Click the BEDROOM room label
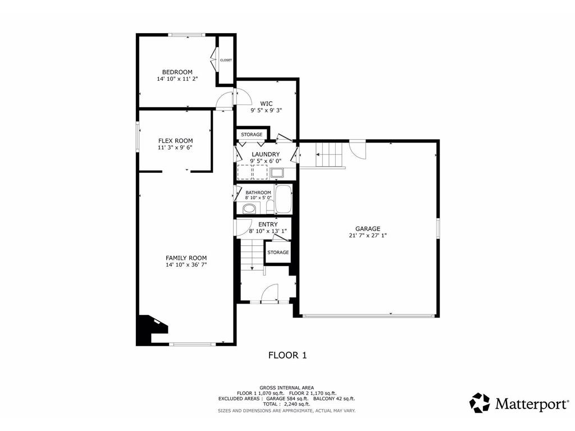pyautogui.click(x=177, y=72)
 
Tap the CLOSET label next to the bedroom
pyautogui.click(x=226, y=60)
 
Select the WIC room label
pyautogui.click(x=266, y=104)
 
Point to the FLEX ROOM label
pyautogui.click(x=175, y=141)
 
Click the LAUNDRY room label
pyautogui.click(x=266, y=154)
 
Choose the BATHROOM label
pyautogui.click(x=258, y=192)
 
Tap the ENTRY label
pyautogui.click(x=268, y=224)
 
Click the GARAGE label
pyautogui.click(x=367, y=229)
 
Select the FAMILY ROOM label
pyautogui.click(x=186, y=258)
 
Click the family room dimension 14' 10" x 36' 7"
pyautogui.click(x=186, y=265)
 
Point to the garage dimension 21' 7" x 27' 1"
pyautogui.click(x=367, y=235)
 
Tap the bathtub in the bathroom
pyautogui.click(x=283, y=199)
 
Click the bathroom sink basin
pyautogui.click(x=249, y=210)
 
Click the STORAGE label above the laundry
pyautogui.click(x=252, y=135)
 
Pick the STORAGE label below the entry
pyautogui.click(x=278, y=252)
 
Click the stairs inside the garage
pyautogui.click(x=329, y=155)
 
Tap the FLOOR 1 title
pyautogui.click(x=287, y=355)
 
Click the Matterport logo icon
pyautogui.click(x=480, y=403)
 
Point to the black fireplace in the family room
pyautogui.click(x=149, y=329)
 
